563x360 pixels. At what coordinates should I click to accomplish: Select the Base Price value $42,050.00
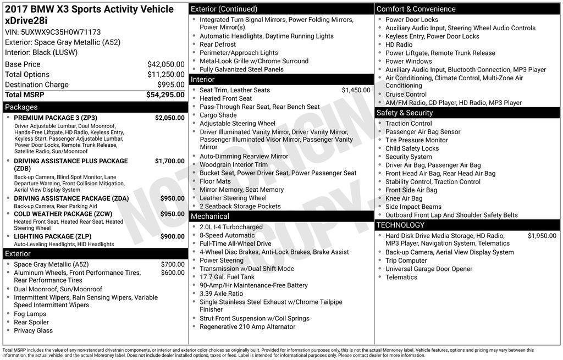tap(165, 64)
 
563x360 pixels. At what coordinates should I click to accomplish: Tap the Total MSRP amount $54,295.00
tap(165, 95)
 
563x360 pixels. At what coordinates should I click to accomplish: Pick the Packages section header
tap(21, 107)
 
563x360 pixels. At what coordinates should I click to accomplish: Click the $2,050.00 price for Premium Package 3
tap(169, 118)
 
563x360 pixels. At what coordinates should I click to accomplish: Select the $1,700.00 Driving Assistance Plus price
tap(169, 161)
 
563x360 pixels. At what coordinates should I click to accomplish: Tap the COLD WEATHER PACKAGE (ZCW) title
tap(63, 214)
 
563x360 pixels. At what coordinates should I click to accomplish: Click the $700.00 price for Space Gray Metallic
tap(173, 264)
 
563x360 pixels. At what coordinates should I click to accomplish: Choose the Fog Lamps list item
tap(30, 314)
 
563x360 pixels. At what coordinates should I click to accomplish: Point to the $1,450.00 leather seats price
tap(356, 90)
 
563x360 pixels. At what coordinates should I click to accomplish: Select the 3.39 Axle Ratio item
tap(221, 293)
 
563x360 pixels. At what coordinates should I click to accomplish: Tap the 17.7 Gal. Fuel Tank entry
tap(227, 277)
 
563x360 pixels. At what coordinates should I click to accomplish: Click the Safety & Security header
tap(405, 113)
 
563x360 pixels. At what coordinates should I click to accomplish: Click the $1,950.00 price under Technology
tap(542, 236)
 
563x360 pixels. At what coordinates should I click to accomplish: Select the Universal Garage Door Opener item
tap(428, 269)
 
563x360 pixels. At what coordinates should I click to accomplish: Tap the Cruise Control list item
tap(406, 95)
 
